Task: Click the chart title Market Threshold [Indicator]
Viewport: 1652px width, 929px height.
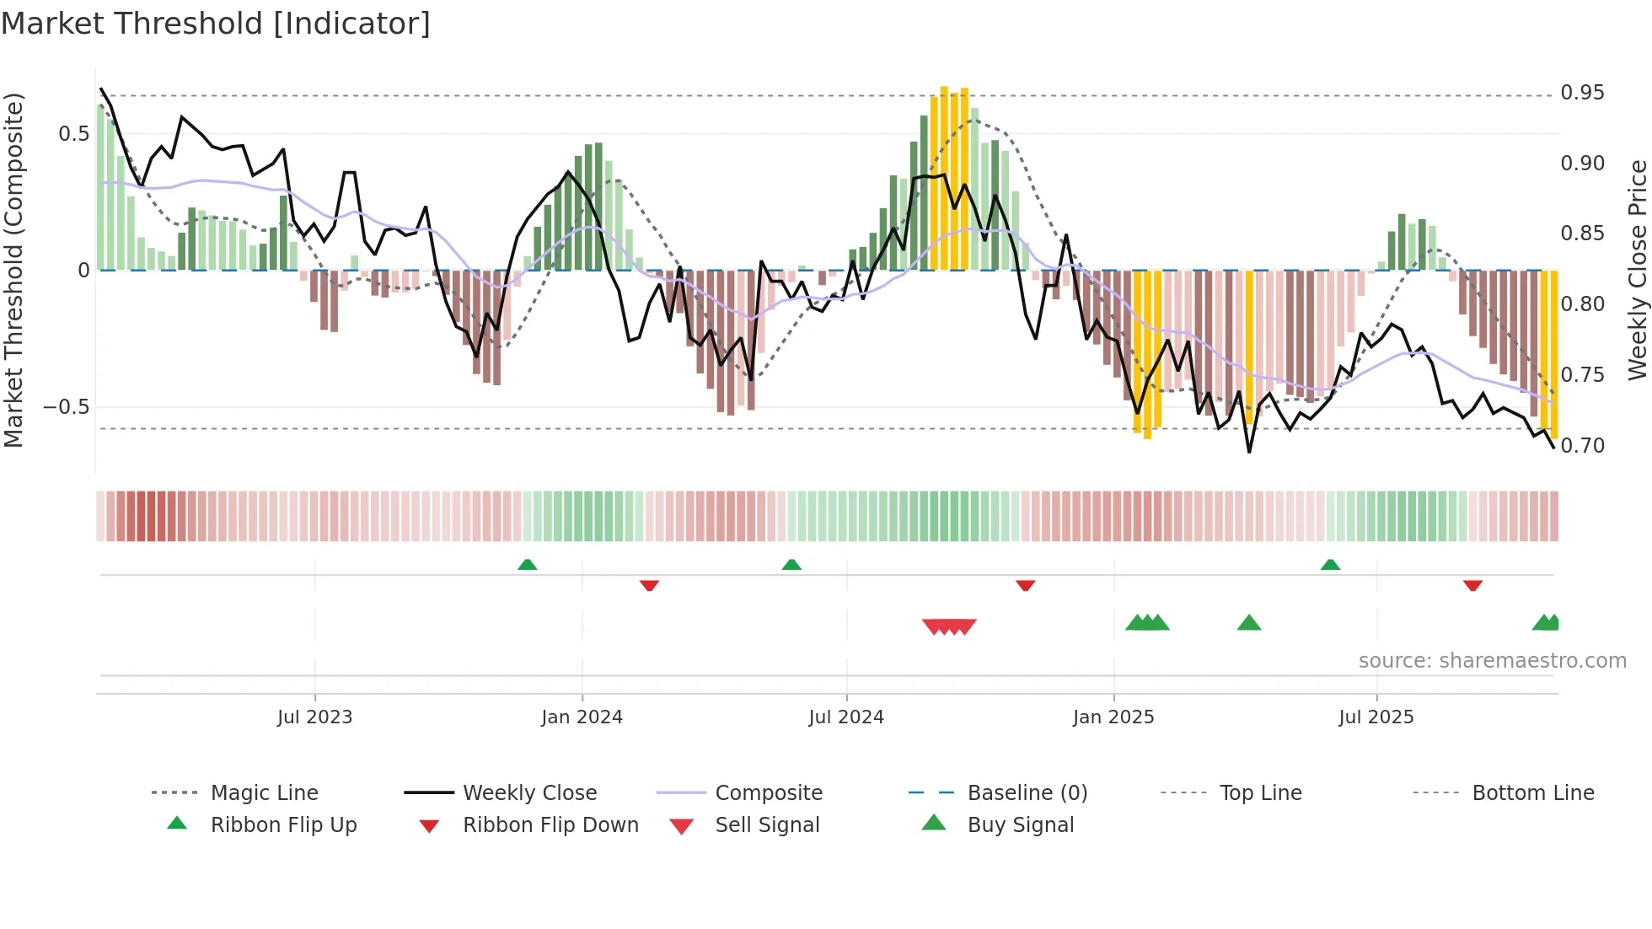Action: point(216,24)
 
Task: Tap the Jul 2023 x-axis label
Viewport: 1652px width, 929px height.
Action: point(314,717)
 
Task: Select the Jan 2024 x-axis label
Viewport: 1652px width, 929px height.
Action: point(582,717)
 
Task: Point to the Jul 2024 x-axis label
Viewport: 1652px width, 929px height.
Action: point(846,717)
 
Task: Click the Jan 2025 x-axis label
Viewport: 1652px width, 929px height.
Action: point(1113,717)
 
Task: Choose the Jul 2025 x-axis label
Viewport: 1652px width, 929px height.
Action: point(1376,717)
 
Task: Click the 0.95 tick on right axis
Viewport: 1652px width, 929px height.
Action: point(1582,93)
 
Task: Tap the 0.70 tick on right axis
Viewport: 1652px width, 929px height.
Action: point(1582,445)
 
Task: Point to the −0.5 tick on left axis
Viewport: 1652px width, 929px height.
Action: point(67,407)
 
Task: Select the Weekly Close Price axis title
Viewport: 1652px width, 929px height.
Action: point(1637,270)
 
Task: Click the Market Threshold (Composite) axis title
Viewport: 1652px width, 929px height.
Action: point(13,270)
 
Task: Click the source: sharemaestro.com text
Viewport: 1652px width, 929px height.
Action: point(1492,661)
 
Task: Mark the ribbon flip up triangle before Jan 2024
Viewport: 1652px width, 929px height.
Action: point(527,565)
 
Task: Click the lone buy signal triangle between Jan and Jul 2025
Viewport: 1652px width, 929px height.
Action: point(1249,624)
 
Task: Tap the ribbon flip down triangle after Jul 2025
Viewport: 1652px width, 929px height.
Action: point(1472,585)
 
